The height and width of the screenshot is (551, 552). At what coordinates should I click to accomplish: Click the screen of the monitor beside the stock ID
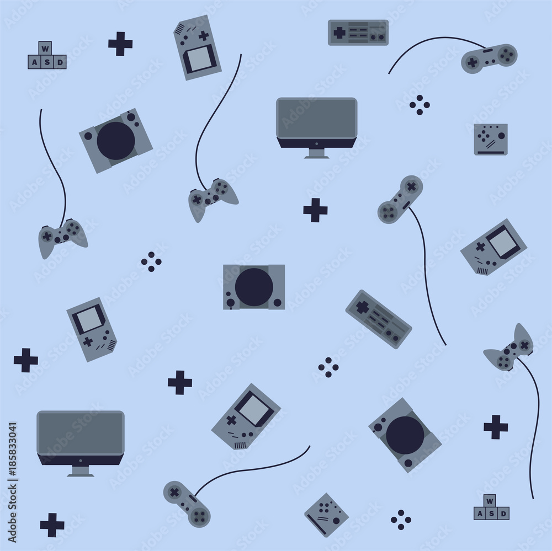pos(80,432)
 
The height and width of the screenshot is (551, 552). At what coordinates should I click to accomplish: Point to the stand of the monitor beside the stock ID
pos(81,471)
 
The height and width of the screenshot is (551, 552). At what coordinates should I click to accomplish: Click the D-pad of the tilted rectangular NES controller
pos(361,307)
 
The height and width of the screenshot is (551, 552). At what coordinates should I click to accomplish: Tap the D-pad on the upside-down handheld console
pos(204,36)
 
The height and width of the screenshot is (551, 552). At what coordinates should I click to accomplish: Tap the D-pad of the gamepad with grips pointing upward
pos(524,345)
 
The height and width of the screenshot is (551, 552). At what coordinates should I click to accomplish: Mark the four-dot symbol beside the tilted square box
pos(401,519)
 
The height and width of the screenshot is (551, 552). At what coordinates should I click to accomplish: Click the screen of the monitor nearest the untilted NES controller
pos(316,118)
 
